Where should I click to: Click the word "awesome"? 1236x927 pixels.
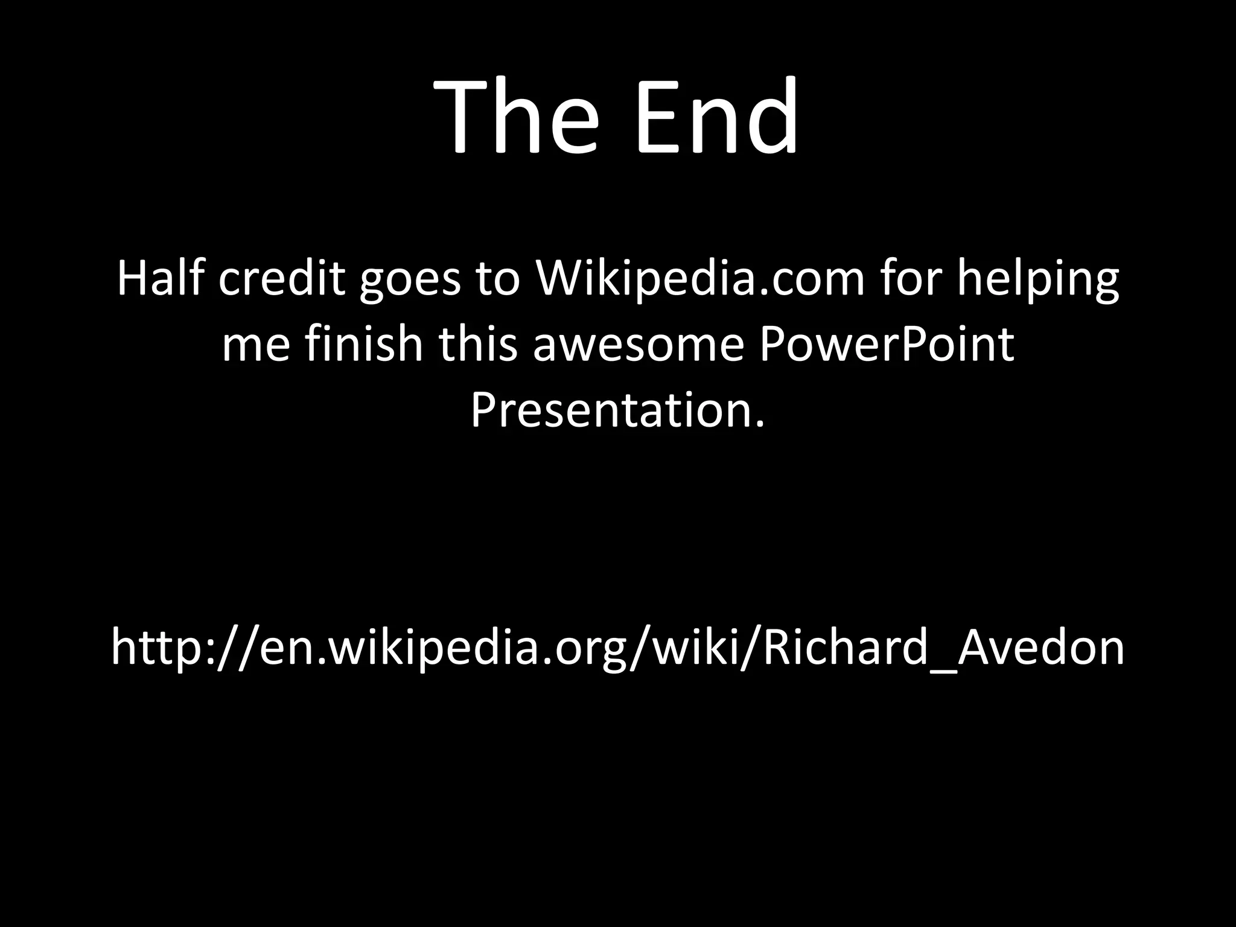point(638,345)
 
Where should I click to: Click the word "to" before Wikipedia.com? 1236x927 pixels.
point(499,280)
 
